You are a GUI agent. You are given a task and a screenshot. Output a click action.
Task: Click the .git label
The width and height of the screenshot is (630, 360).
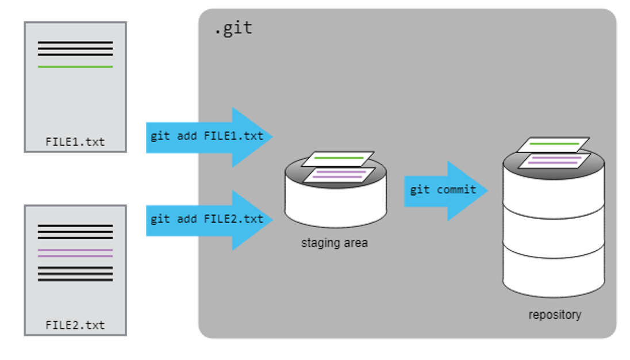pos(233,28)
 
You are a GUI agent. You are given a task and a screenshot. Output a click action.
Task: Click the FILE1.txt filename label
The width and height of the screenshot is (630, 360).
pos(75,141)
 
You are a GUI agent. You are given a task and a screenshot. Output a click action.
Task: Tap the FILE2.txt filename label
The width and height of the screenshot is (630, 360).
pos(75,325)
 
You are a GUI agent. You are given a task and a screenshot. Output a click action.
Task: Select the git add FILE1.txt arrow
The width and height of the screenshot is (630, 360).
pos(207,137)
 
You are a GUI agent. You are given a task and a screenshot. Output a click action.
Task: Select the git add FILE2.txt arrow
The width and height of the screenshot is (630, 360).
pos(207,220)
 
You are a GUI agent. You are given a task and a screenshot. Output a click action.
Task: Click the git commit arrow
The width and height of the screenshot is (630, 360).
pos(443,190)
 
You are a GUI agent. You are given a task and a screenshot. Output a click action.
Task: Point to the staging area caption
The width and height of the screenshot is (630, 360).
pos(335,243)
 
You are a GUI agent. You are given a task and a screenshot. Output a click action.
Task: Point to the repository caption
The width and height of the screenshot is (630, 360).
pos(555,315)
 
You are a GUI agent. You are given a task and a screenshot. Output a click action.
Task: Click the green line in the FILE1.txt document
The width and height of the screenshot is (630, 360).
pos(75,67)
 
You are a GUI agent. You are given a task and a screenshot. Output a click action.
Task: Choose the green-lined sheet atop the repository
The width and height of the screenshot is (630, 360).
pos(554,144)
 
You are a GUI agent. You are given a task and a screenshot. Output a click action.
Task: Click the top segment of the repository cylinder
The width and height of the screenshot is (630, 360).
pos(554,187)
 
